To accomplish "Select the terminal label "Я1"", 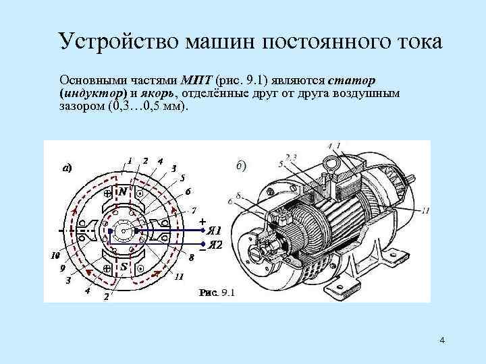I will click(215, 229).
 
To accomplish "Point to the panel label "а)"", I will click(67, 168).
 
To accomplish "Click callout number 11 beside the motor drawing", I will click(425, 211).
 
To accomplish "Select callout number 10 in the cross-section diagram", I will click(56, 256).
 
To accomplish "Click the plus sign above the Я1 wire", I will click(202, 220).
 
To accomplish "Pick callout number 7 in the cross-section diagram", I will click(194, 209).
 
